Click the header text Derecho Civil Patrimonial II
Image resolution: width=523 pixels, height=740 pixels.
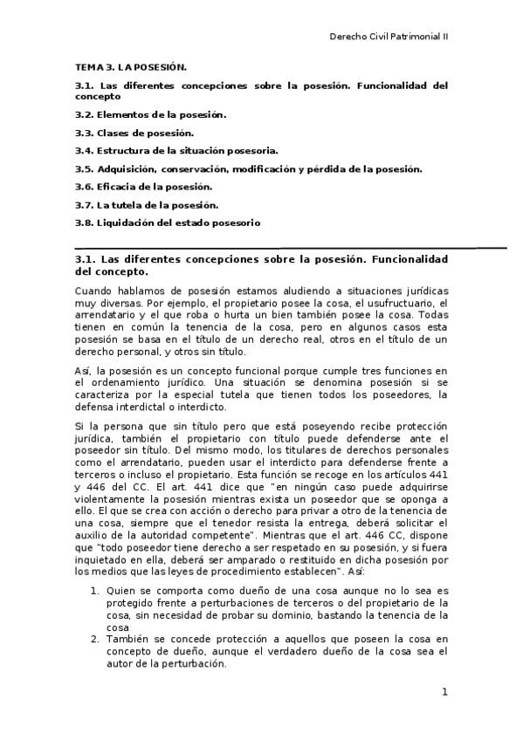(389, 38)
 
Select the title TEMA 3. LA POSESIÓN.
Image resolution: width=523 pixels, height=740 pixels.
(131, 66)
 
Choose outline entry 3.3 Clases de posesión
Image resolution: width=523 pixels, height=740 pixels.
(134, 133)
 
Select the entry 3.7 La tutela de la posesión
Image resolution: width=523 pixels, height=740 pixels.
(147, 205)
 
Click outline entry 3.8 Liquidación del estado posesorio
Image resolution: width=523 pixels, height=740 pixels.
(168, 223)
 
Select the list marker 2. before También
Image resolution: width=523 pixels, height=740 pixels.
(95, 639)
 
